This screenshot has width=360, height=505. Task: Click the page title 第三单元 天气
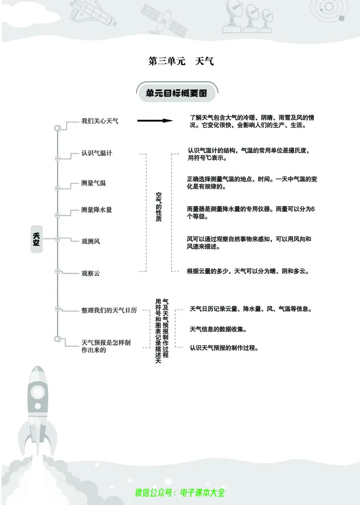(180, 61)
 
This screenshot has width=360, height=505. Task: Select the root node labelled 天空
(36, 239)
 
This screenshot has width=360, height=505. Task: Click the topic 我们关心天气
(100, 121)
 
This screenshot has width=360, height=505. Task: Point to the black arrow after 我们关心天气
(155, 121)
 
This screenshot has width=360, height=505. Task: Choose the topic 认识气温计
(97, 153)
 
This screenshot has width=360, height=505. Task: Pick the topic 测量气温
(94, 183)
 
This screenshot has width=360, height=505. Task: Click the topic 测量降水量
(97, 210)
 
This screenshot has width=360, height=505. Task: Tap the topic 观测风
(90, 241)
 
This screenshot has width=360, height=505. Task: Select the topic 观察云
(90, 273)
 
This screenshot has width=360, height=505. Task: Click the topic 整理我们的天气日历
(109, 311)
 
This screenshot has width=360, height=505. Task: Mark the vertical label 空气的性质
(158, 207)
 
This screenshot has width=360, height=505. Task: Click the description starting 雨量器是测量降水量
(251, 212)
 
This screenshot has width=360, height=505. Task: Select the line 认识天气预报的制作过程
(224, 347)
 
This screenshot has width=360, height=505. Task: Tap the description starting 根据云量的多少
(248, 271)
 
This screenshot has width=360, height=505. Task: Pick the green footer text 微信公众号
(180, 492)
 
